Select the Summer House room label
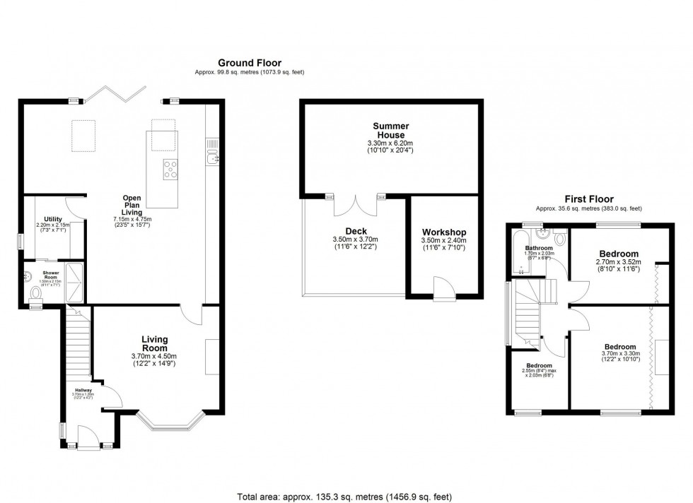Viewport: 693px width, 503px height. pyautogui.click(x=390, y=131)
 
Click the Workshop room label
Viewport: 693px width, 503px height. pyautogui.click(x=444, y=232)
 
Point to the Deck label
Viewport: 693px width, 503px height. pyautogui.click(x=356, y=231)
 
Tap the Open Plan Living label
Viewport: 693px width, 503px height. pyautogui.click(x=132, y=204)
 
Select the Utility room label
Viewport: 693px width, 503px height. pyautogui.click(x=53, y=219)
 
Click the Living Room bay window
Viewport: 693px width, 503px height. pyautogui.click(x=168, y=422)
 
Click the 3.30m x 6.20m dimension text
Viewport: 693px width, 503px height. pyautogui.click(x=390, y=143)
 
